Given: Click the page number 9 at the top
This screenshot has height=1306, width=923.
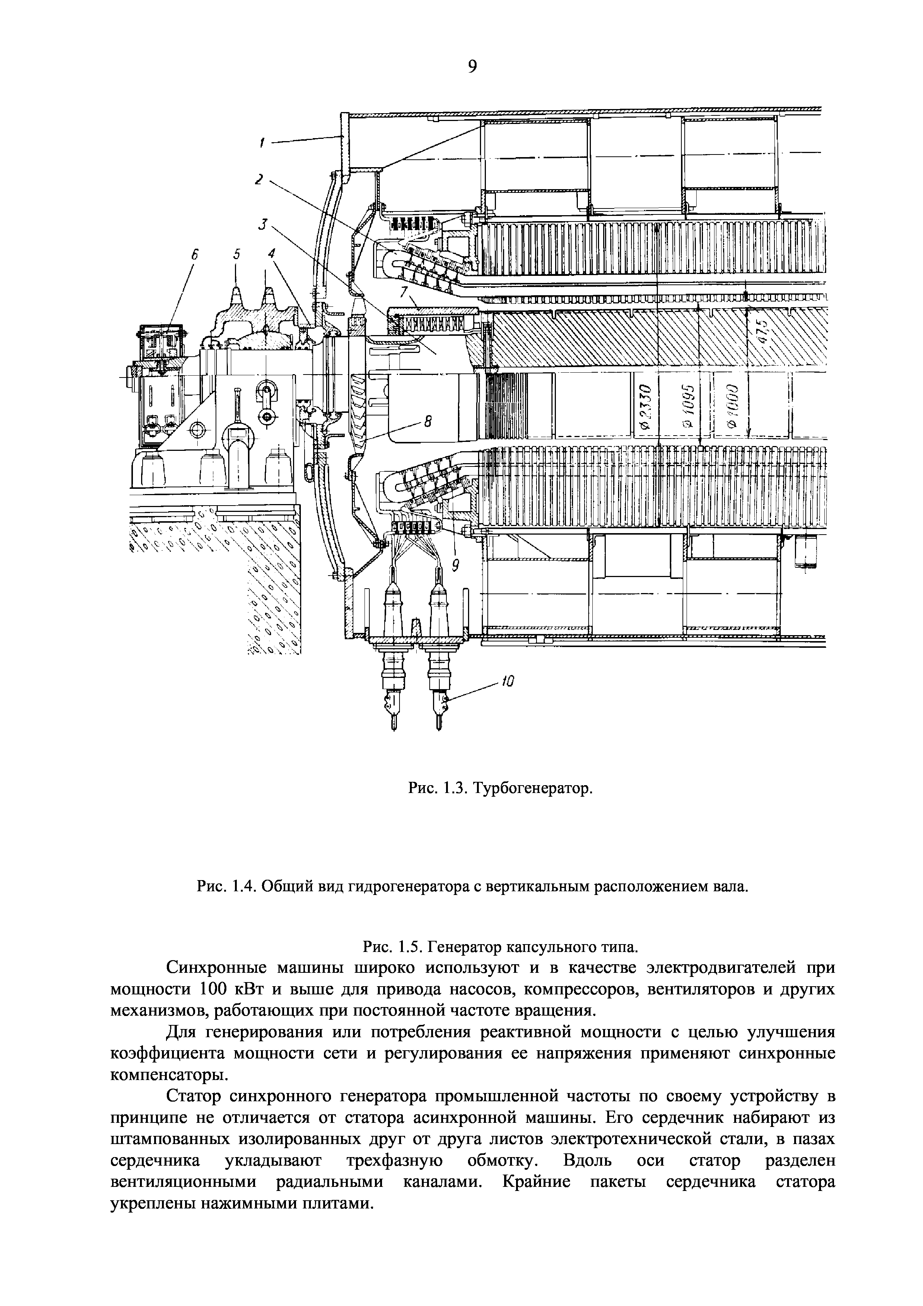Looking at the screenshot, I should pyautogui.click(x=471, y=67).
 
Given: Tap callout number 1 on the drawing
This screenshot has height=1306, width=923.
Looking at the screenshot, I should pyautogui.click(x=262, y=143).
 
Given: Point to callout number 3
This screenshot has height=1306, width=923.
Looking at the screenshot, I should pyautogui.click(x=262, y=225).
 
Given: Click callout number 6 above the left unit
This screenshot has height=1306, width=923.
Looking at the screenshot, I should pyautogui.click(x=194, y=256).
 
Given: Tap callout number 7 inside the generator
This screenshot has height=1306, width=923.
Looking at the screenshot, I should pyautogui.click(x=404, y=292).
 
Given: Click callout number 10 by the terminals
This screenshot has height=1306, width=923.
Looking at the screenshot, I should pyautogui.click(x=507, y=681).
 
